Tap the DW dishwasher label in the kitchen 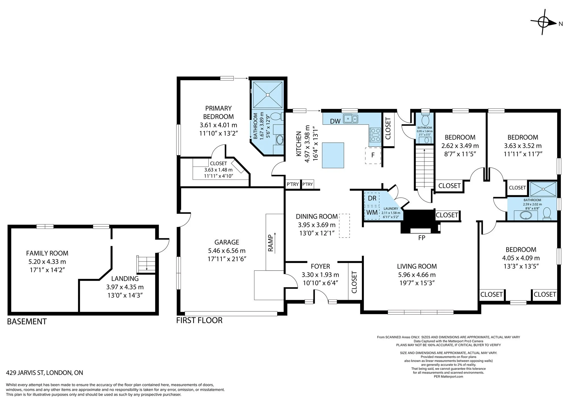click(x=335, y=121)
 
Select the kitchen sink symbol click(x=351, y=119)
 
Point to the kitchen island click(x=333, y=155)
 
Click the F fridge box click(x=373, y=155)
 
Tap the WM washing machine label click(x=372, y=212)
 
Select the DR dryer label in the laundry click(x=372, y=198)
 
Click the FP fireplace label click(x=422, y=238)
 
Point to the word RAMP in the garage click(x=270, y=243)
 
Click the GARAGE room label click(x=227, y=242)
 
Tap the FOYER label click(x=320, y=266)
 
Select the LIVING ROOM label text click(x=417, y=266)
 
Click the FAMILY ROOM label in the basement click(x=47, y=253)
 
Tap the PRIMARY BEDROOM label click(x=218, y=112)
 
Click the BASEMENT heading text click(x=27, y=322)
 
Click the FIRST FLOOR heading click(x=199, y=320)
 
